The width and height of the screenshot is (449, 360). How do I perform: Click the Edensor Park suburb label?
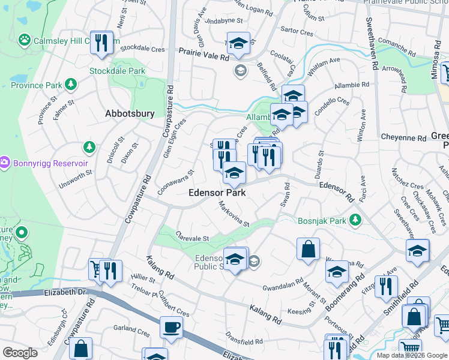click(x=217, y=193)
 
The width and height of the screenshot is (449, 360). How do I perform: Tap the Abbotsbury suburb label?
click(x=130, y=113)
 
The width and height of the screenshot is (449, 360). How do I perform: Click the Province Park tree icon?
click(x=71, y=84)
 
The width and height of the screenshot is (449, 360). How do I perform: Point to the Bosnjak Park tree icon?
click(x=355, y=220)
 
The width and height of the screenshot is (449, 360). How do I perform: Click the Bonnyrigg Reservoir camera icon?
click(x=5, y=163)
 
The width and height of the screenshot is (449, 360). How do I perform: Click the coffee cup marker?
click(x=171, y=328)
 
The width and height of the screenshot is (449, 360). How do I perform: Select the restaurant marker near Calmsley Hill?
click(x=101, y=42)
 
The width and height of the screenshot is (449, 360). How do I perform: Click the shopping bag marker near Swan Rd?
click(x=308, y=249)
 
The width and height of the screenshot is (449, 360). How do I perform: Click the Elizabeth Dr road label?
click(x=66, y=291)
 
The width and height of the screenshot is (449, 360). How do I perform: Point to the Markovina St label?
click(x=234, y=215)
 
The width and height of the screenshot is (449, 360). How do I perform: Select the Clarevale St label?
click(x=193, y=238)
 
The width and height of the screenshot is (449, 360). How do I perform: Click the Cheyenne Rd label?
click(x=403, y=137)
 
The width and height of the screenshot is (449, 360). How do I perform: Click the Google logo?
click(x=20, y=353)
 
